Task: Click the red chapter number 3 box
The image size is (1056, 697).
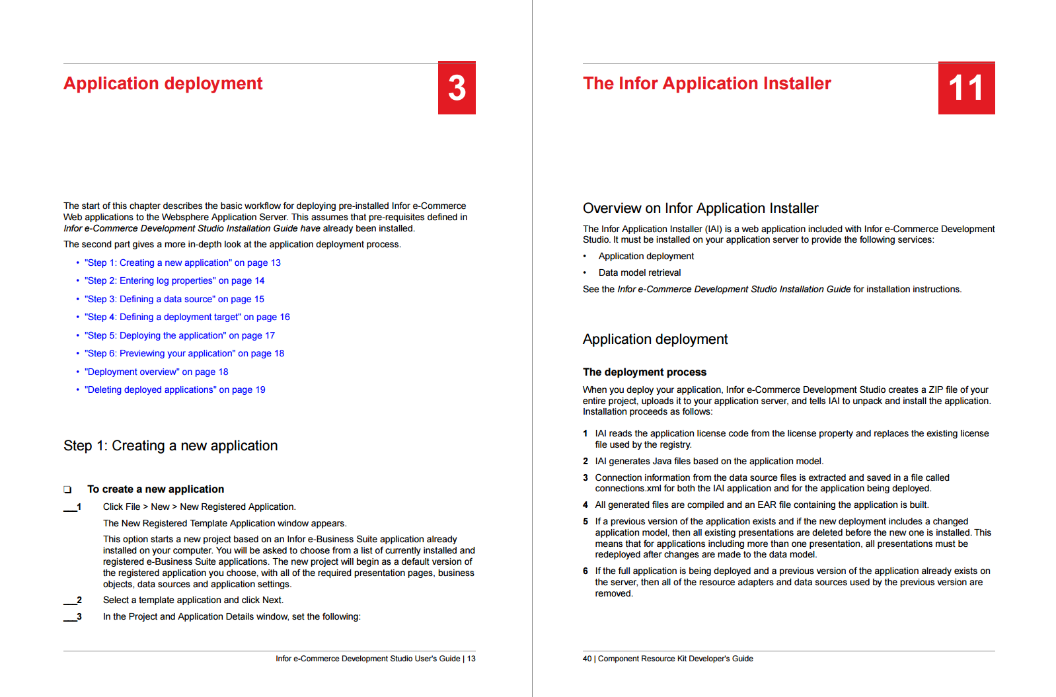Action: point(457,88)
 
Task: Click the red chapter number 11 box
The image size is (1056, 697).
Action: point(966,88)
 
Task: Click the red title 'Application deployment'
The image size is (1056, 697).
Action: point(163,83)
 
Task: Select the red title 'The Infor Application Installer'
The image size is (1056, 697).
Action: point(706,83)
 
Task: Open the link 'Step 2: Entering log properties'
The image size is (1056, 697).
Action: point(174,280)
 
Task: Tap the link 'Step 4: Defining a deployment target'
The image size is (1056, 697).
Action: point(187,317)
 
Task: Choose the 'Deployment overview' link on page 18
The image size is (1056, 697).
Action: point(156,372)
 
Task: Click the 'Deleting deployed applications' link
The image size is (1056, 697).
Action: point(174,389)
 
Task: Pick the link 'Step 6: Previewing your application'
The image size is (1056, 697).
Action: point(184,353)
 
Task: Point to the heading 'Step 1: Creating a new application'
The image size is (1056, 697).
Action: point(170,446)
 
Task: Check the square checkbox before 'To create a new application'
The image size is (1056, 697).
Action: point(67,489)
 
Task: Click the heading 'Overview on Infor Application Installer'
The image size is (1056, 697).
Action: point(700,208)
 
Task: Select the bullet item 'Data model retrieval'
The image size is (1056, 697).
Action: point(639,272)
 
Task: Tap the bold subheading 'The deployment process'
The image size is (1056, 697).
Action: point(644,372)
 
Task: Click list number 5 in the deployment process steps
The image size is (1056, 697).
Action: point(585,522)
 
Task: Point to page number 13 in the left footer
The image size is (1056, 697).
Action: point(471,659)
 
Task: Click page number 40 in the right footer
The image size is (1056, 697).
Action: point(587,659)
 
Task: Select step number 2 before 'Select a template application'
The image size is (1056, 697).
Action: point(79,600)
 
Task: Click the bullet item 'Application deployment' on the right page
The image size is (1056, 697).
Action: point(646,256)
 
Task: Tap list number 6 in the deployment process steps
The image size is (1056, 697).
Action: point(585,571)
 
